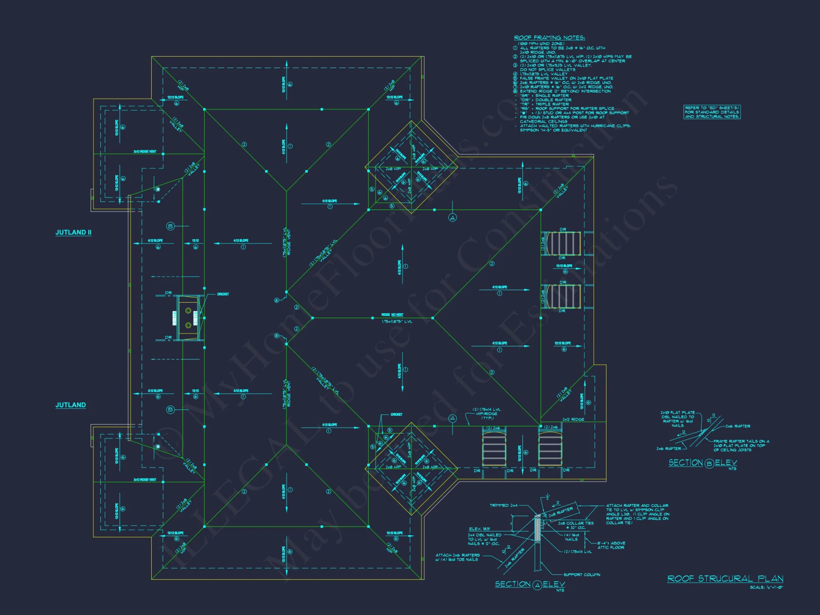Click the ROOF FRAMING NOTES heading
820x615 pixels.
pos(549,38)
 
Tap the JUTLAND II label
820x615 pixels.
pos(73,232)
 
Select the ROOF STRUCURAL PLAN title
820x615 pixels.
pos(725,579)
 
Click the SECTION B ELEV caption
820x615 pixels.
pos(703,463)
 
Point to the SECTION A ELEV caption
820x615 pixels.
pos(530,584)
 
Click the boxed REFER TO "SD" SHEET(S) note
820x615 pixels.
pos(712,112)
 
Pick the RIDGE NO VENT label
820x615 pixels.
pos(392,315)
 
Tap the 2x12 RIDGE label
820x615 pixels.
pos(573,419)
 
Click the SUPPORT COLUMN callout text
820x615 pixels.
pos(581,575)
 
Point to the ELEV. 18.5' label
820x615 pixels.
pos(480,529)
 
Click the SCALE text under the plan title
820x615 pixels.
pos(766,588)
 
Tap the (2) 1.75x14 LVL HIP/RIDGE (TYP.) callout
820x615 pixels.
pos(487,414)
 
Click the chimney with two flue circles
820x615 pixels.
pos(188,318)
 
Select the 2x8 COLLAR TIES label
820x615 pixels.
pos(576,525)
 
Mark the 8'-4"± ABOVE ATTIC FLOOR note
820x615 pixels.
pos(611,545)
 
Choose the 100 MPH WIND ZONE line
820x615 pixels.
pos(541,43)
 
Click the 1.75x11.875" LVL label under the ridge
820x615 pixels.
pos(397,322)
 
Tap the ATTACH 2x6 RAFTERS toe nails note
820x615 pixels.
pos(457,557)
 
